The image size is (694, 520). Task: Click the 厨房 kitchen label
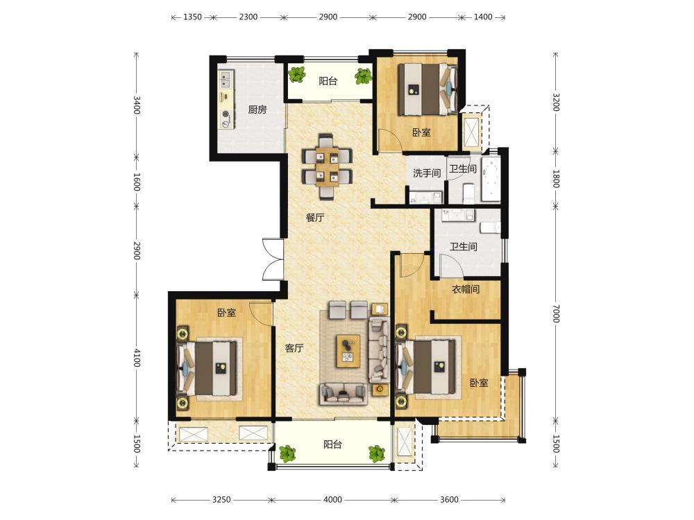pos(257,110)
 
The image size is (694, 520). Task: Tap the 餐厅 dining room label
pos(315,217)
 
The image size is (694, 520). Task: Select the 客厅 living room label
pos(294,348)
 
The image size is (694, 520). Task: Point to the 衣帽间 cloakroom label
pos(466,290)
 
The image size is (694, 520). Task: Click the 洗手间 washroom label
pos(427,173)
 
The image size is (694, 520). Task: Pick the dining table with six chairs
pos(327,166)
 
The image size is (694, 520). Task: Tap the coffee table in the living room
pos(348,351)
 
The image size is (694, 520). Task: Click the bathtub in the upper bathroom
pos(491,179)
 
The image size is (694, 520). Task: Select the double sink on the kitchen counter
pos(226,79)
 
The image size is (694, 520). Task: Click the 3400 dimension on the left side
pos(137,105)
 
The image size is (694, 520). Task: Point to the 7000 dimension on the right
pos(557,313)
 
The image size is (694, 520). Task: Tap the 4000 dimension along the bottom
pos(333,500)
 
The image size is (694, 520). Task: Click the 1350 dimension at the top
pos(192,17)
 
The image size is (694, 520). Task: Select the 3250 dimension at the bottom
pos(221,500)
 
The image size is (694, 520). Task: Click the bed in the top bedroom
pos(428,89)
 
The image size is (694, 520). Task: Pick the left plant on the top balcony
pos(297,74)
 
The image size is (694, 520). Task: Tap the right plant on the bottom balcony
pos(377,453)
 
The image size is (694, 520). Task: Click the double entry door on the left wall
pos(272,259)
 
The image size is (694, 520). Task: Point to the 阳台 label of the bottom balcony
pos(332,444)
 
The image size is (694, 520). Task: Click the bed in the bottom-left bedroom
pos(208,370)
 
